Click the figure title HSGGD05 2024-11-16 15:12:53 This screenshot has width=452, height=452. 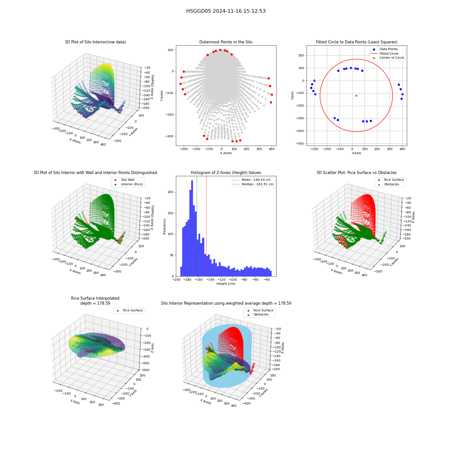[x=226, y=11]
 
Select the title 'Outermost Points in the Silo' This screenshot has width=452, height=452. [x=226, y=42]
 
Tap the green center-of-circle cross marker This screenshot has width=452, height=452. [x=356, y=95]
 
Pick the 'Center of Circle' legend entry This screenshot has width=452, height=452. [x=388, y=58]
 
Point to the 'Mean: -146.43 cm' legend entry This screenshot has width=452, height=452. [x=253, y=179]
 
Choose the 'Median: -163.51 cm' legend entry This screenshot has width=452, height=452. [x=253, y=184]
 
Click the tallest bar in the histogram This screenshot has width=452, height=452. [x=192, y=228]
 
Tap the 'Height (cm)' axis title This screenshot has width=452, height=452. [x=226, y=284]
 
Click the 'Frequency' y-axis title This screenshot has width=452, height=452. [x=165, y=226]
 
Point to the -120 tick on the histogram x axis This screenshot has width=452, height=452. [x=221, y=280]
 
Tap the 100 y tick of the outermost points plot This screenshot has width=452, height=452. [x=171, y=50]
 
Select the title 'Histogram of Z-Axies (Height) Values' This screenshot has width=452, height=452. [x=226, y=173]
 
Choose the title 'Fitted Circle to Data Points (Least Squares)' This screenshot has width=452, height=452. [x=357, y=42]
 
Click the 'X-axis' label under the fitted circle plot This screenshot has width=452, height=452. [x=356, y=153]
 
